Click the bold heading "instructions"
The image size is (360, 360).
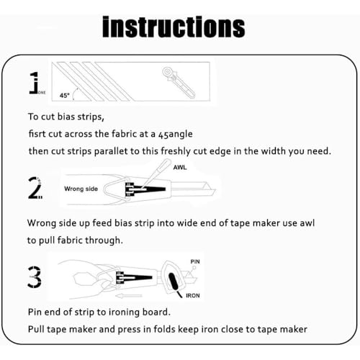(174, 27)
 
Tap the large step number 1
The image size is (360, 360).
(35, 83)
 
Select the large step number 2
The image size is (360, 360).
(35, 188)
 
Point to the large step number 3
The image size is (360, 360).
(35, 277)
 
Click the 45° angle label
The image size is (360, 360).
(64, 96)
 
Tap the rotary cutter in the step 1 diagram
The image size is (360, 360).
(179, 82)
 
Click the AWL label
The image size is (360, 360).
(180, 167)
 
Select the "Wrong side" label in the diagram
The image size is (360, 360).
(81, 189)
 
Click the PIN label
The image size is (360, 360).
(195, 261)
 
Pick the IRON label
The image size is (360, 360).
(193, 296)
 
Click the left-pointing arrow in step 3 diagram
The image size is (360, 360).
(129, 295)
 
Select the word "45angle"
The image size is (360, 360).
(176, 135)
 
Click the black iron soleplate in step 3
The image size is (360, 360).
(173, 282)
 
